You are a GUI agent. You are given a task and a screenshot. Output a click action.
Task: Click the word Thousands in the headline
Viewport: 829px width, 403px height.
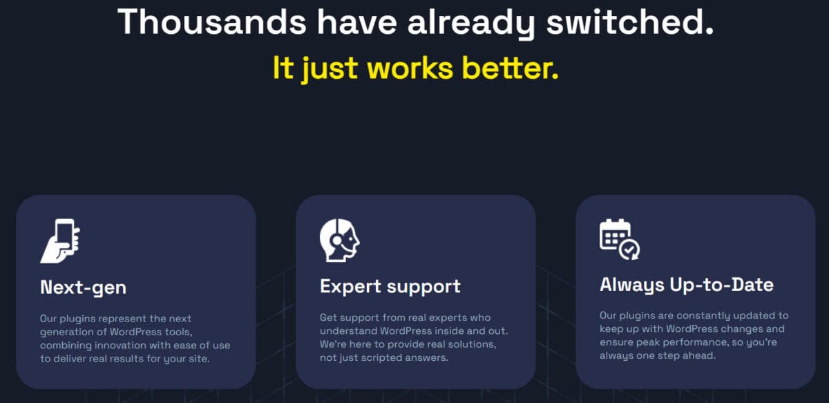(x=211, y=21)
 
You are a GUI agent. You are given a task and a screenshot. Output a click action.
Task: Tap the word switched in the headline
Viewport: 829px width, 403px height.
(x=629, y=21)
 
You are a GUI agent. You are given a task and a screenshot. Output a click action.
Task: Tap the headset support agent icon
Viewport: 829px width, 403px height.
(x=339, y=240)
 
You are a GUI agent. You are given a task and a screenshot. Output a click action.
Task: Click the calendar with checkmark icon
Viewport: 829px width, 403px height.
(x=619, y=239)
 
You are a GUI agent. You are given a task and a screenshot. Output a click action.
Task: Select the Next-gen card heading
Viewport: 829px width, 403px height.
(x=83, y=287)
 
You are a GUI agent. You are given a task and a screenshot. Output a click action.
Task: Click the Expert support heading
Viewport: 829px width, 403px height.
(x=390, y=286)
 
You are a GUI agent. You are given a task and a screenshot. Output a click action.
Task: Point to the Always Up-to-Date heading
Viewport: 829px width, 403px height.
(x=686, y=284)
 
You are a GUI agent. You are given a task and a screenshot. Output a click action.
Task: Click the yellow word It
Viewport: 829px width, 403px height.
(x=283, y=68)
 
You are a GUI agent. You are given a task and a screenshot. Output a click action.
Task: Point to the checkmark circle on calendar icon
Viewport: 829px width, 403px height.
(x=630, y=250)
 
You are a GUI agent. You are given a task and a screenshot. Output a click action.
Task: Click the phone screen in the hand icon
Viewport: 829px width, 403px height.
(x=65, y=232)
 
